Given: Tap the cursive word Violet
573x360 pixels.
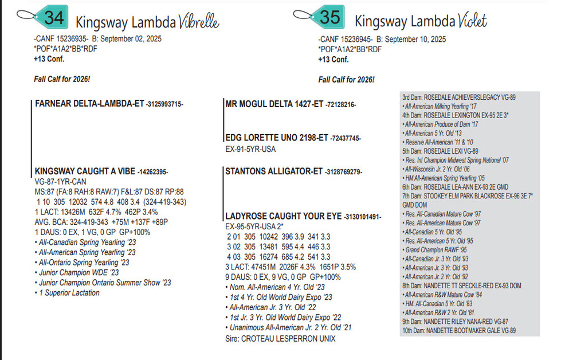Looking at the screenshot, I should [x=472, y=22].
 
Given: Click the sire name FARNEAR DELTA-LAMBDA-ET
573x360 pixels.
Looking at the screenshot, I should [x=89, y=104].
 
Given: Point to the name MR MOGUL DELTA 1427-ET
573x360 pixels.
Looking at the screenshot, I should [x=274, y=104].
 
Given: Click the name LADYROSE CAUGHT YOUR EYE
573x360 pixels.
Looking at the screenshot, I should [x=284, y=217].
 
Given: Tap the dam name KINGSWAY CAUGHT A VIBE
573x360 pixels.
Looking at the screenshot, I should [x=85, y=171].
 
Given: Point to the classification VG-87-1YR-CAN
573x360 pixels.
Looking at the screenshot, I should [x=60, y=181].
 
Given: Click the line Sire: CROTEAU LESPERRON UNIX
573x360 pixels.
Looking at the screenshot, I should [x=280, y=338].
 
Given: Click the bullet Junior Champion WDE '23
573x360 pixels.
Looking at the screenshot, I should [x=79, y=272].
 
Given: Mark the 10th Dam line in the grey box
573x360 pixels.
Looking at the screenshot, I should [x=458, y=331].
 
